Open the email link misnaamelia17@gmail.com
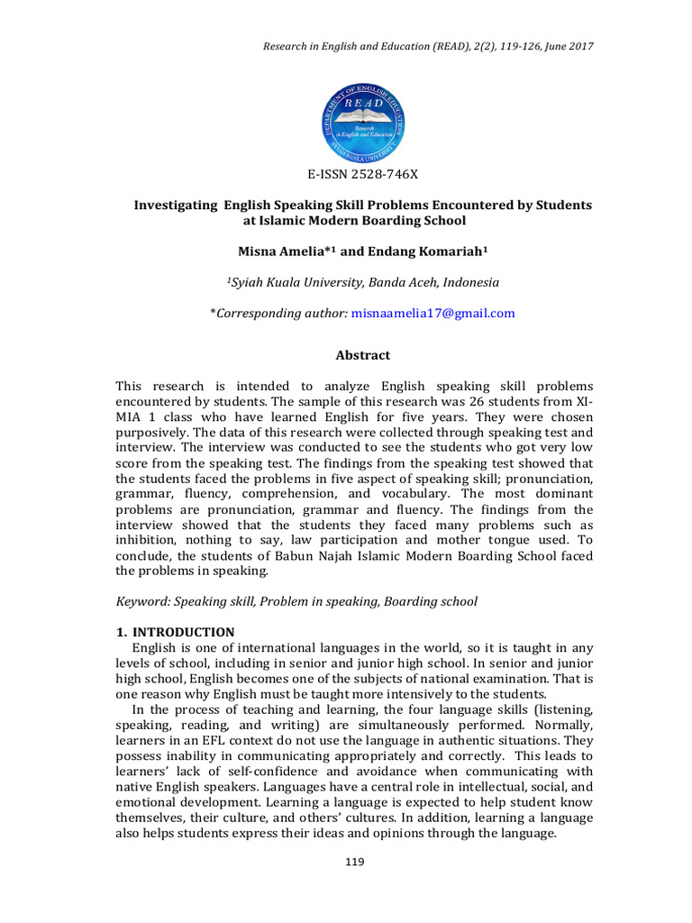(433, 313)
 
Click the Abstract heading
(363, 356)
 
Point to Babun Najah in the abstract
(294, 556)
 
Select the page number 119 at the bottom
(355, 863)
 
